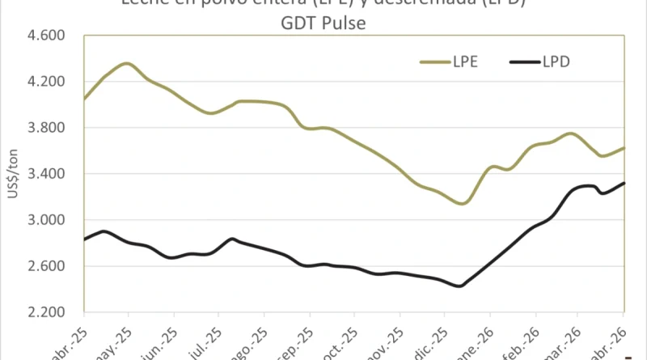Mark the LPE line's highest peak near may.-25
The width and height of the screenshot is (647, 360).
tap(127, 63)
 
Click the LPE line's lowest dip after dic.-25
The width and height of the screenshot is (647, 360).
tap(462, 203)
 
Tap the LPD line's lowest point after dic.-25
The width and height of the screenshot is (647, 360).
tap(459, 286)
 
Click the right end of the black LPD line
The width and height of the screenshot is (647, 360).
tap(624, 183)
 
